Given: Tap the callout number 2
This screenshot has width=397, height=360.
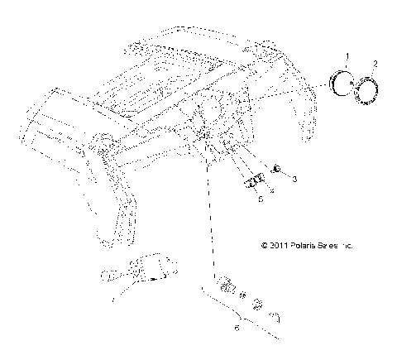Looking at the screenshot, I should [375, 64].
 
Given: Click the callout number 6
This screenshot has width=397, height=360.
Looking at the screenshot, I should [238, 330].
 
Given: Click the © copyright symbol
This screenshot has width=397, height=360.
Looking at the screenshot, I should [264, 246].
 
